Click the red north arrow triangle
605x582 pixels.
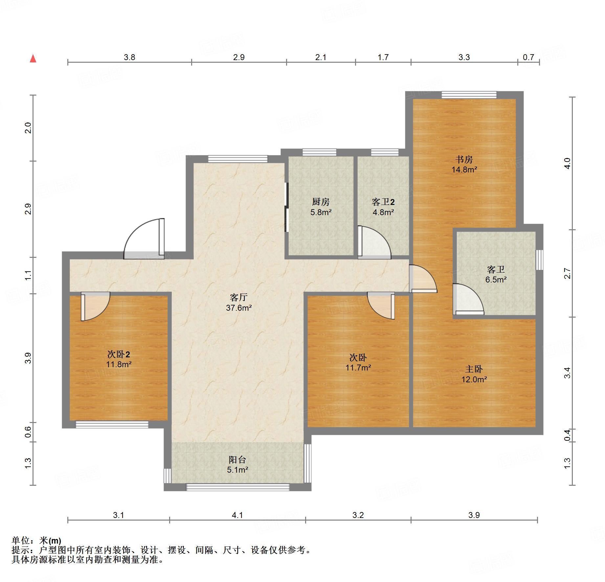pos(33,59)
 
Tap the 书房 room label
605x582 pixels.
pos(464,160)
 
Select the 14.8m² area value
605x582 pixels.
pos(464,170)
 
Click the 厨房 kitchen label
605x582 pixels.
pos(321,202)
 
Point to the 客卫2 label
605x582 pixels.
pos(383,202)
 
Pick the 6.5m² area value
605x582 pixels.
pos(496,280)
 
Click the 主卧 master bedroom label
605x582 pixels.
pos(474,369)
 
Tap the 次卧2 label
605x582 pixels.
pos(119,354)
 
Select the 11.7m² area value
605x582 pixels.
pos(358,368)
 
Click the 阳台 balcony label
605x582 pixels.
pos(237,459)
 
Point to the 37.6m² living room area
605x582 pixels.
pos(239,308)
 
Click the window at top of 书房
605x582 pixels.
pos(469,95)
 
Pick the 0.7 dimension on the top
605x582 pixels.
pos(528,57)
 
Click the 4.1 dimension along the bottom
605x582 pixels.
pos(237,515)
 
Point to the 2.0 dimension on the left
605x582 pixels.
pos(28,127)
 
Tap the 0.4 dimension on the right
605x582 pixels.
pos(567,435)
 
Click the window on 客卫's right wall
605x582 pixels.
pos(539,260)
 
